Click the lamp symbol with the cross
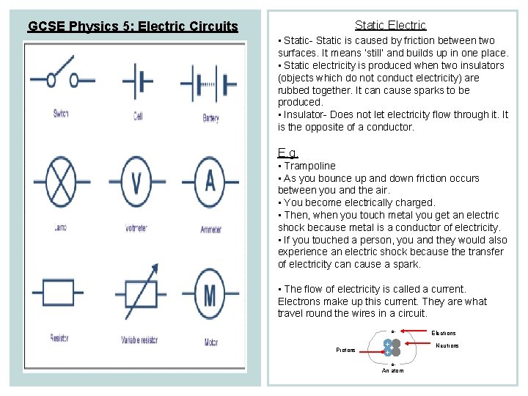(61, 181)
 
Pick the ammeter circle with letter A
(210, 181)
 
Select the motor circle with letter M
(211, 296)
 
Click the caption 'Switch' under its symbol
(61, 114)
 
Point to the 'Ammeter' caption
(210, 230)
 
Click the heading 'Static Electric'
(390, 26)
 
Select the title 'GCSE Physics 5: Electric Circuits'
(133, 27)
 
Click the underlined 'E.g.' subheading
(287, 153)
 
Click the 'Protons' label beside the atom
(346, 350)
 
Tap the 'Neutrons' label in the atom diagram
(447, 345)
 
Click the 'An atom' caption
(392, 370)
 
